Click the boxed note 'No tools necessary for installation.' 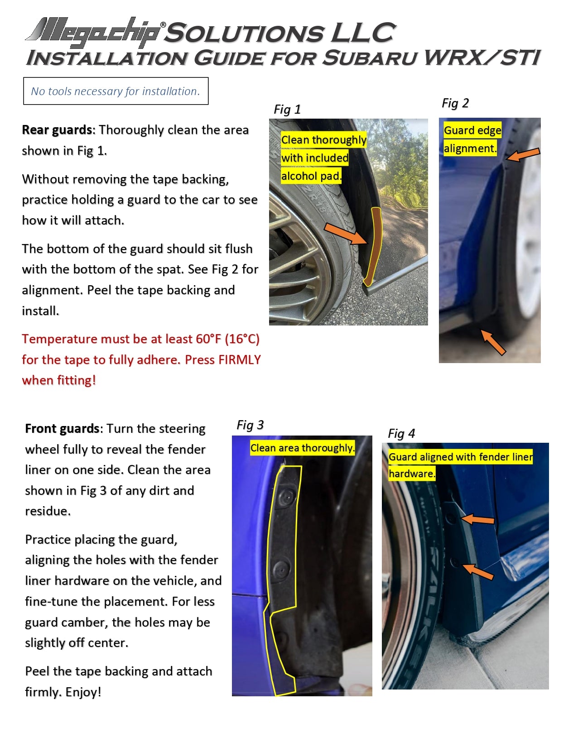click(116, 91)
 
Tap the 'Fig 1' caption click(287, 110)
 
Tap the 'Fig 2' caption click(455, 103)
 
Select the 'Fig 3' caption click(250, 425)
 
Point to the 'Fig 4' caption click(401, 434)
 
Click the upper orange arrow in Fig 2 click(523, 154)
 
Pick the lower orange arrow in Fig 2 click(493, 342)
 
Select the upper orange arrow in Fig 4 click(478, 519)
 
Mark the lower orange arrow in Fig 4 click(478, 571)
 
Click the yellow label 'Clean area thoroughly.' click(302, 448)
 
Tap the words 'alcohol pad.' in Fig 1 click(311, 176)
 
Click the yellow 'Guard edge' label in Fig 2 click(472, 130)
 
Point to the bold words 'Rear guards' click(57, 130)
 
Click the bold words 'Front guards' click(63, 429)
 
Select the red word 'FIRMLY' click(239, 360)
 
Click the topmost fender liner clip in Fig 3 click(287, 497)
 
